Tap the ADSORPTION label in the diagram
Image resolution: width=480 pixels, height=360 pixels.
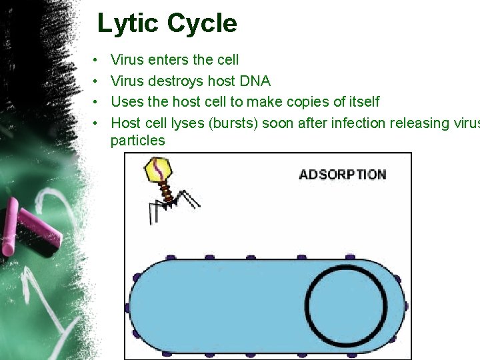[342, 175]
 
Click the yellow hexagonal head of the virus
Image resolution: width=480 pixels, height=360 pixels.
[160, 169]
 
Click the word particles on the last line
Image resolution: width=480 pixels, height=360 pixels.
[137, 140]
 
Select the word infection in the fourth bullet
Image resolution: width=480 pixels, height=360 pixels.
[323, 123]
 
